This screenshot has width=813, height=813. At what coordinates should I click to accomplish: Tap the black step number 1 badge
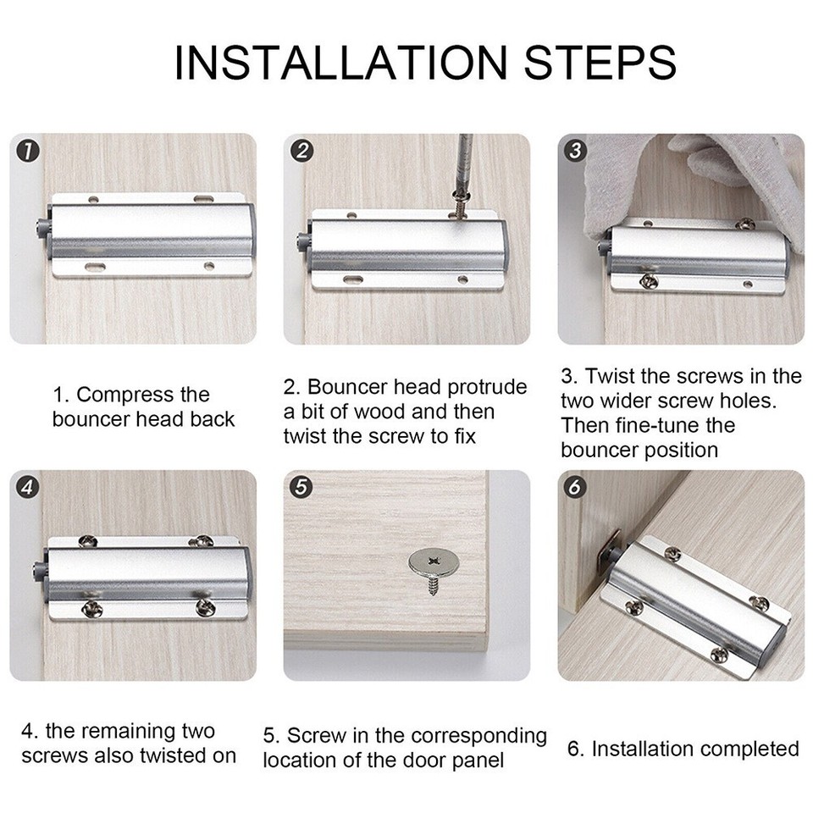28,152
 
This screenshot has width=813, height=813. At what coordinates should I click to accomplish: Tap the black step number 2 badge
301,152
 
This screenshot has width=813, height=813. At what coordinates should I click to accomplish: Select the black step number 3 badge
576,152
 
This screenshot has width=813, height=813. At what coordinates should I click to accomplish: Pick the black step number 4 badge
28,488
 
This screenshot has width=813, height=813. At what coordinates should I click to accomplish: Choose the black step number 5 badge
301,488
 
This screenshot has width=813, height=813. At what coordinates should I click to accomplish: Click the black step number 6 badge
576,488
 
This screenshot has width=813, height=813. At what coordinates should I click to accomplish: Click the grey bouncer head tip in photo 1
39,228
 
